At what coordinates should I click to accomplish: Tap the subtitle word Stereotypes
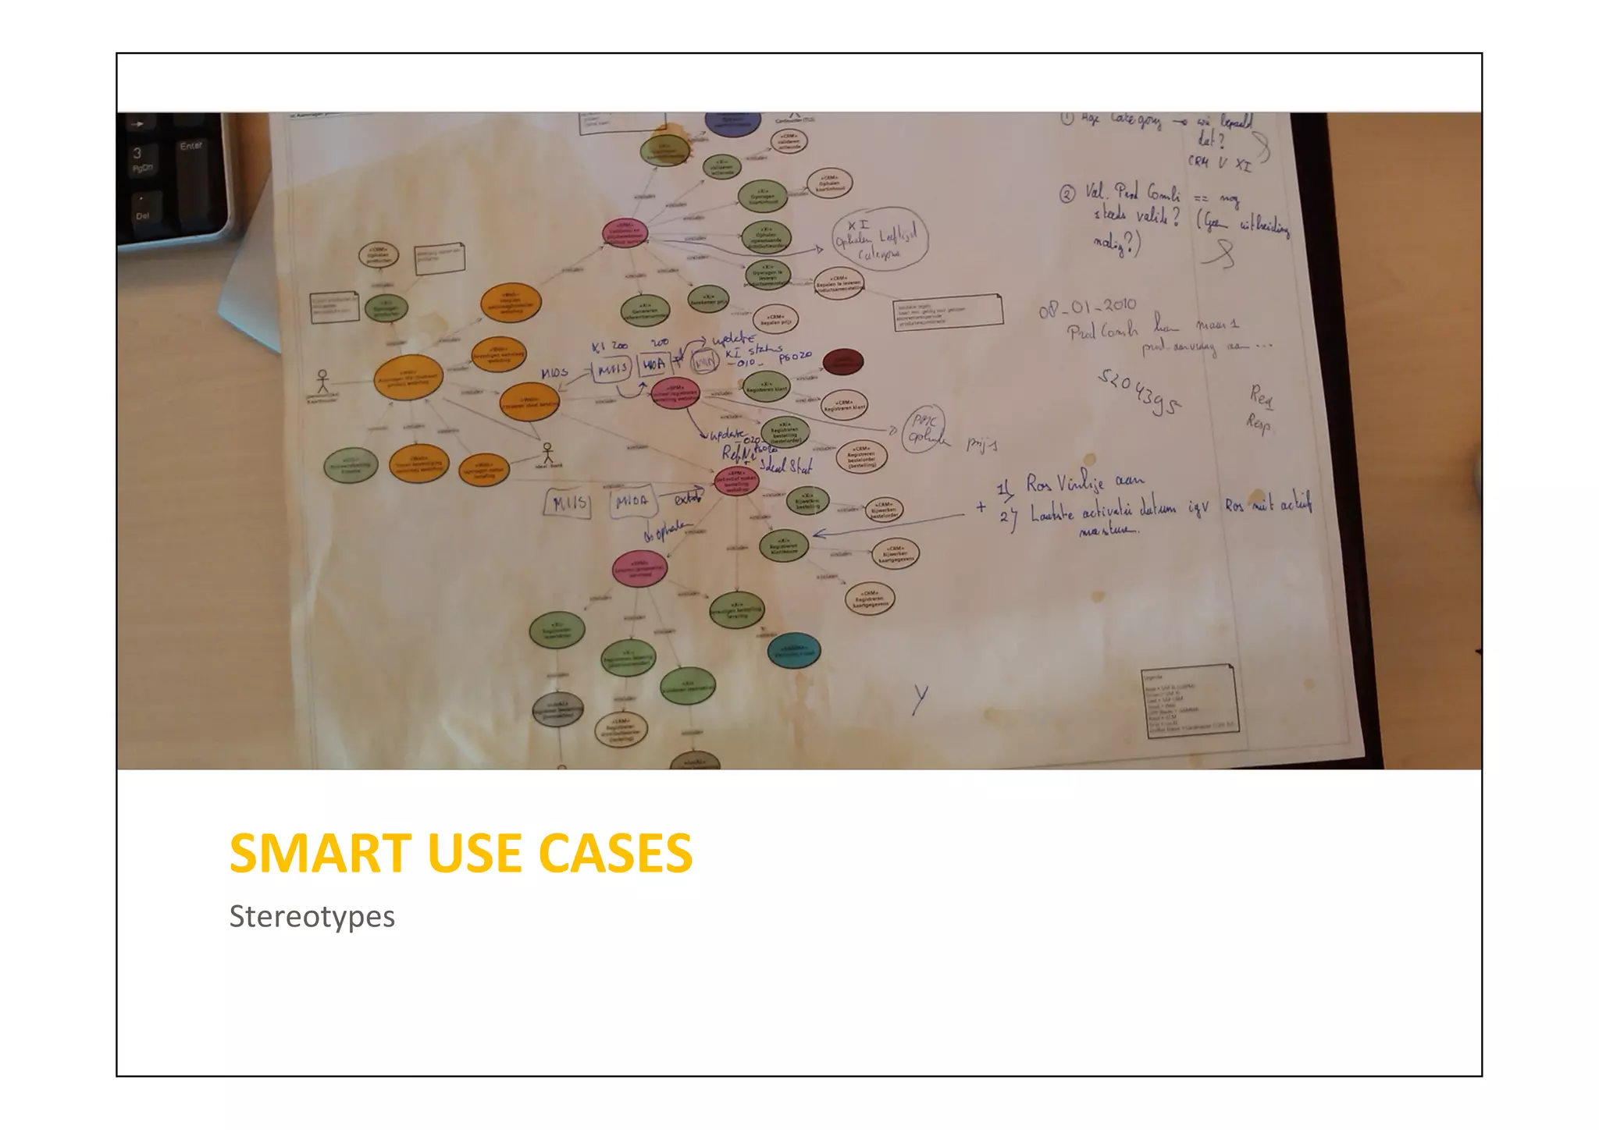pyautogui.click(x=312, y=916)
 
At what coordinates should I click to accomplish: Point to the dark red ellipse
pyautogui.click(x=842, y=361)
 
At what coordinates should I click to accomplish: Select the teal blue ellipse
pyautogui.click(x=793, y=651)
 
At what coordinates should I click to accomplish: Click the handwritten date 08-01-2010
pyautogui.click(x=1087, y=307)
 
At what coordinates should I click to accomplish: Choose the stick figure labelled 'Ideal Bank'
pyautogui.click(x=547, y=453)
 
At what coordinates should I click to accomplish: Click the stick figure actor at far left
pyautogui.click(x=322, y=381)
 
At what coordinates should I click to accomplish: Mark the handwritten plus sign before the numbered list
pyautogui.click(x=981, y=506)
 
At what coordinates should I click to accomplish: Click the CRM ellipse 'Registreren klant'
pyautogui.click(x=844, y=405)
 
